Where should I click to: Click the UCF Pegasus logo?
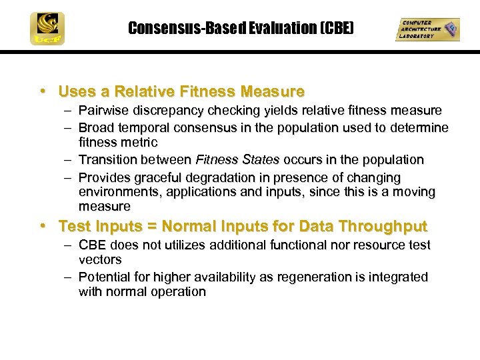pyautogui.click(x=46, y=29)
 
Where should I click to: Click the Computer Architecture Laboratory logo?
pyautogui.click(x=427, y=29)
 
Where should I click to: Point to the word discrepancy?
pyautogui.click(x=166, y=110)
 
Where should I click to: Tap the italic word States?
pyautogui.click(x=261, y=159)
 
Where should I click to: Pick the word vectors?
pyautogui.click(x=100, y=259)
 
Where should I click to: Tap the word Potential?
pyautogui.click(x=106, y=277)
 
